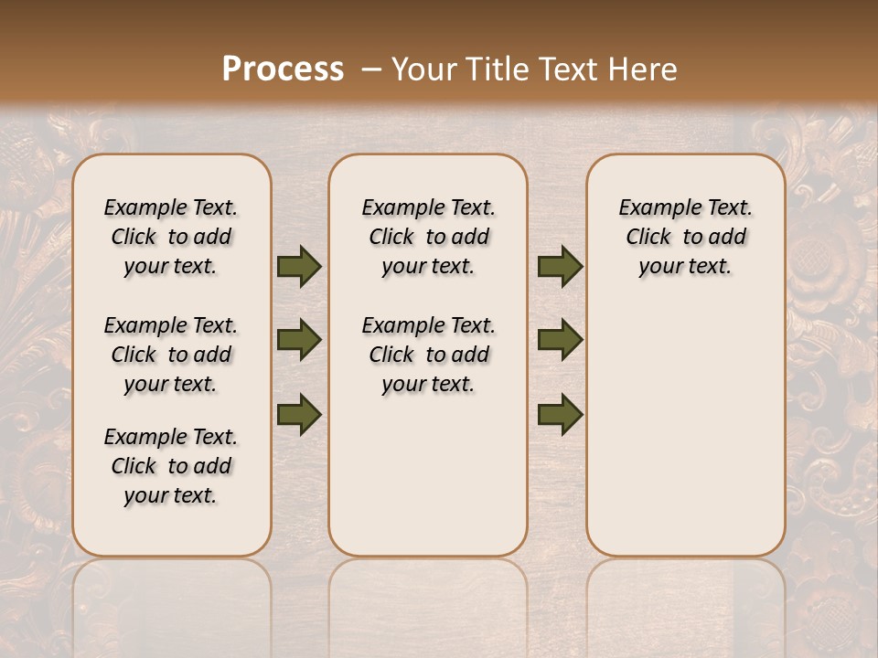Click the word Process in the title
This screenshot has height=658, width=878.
(x=283, y=69)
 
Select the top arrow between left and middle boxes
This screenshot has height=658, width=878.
(x=299, y=267)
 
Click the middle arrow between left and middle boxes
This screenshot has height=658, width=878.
(x=299, y=341)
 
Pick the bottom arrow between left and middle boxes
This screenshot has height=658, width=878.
(x=299, y=414)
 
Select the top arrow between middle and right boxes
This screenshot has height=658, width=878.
(x=560, y=267)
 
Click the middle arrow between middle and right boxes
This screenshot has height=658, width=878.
(x=560, y=341)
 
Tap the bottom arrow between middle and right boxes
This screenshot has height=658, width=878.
(x=560, y=414)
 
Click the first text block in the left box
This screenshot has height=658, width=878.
(x=171, y=237)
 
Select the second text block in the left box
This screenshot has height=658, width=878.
(x=171, y=355)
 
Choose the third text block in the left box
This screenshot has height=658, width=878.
(x=171, y=466)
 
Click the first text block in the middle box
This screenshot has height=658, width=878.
(x=428, y=237)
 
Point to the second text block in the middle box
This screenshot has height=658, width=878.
(x=428, y=355)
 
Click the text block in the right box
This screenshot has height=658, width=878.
(x=686, y=237)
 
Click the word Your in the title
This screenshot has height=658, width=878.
(x=423, y=69)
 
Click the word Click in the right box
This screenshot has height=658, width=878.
(x=648, y=238)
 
